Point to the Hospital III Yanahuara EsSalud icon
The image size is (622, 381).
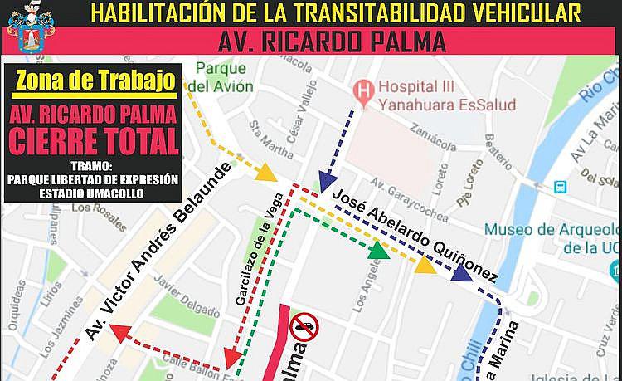click(362, 87)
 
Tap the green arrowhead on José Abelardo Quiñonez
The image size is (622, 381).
click(379, 249)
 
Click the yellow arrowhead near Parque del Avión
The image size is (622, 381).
click(265, 173)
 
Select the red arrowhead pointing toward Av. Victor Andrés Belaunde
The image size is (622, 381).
click(120, 334)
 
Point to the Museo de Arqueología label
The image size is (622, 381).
click(552, 237)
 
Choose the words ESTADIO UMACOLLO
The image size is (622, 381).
click(91, 193)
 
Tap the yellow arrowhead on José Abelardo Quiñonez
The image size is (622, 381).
click(425, 265)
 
